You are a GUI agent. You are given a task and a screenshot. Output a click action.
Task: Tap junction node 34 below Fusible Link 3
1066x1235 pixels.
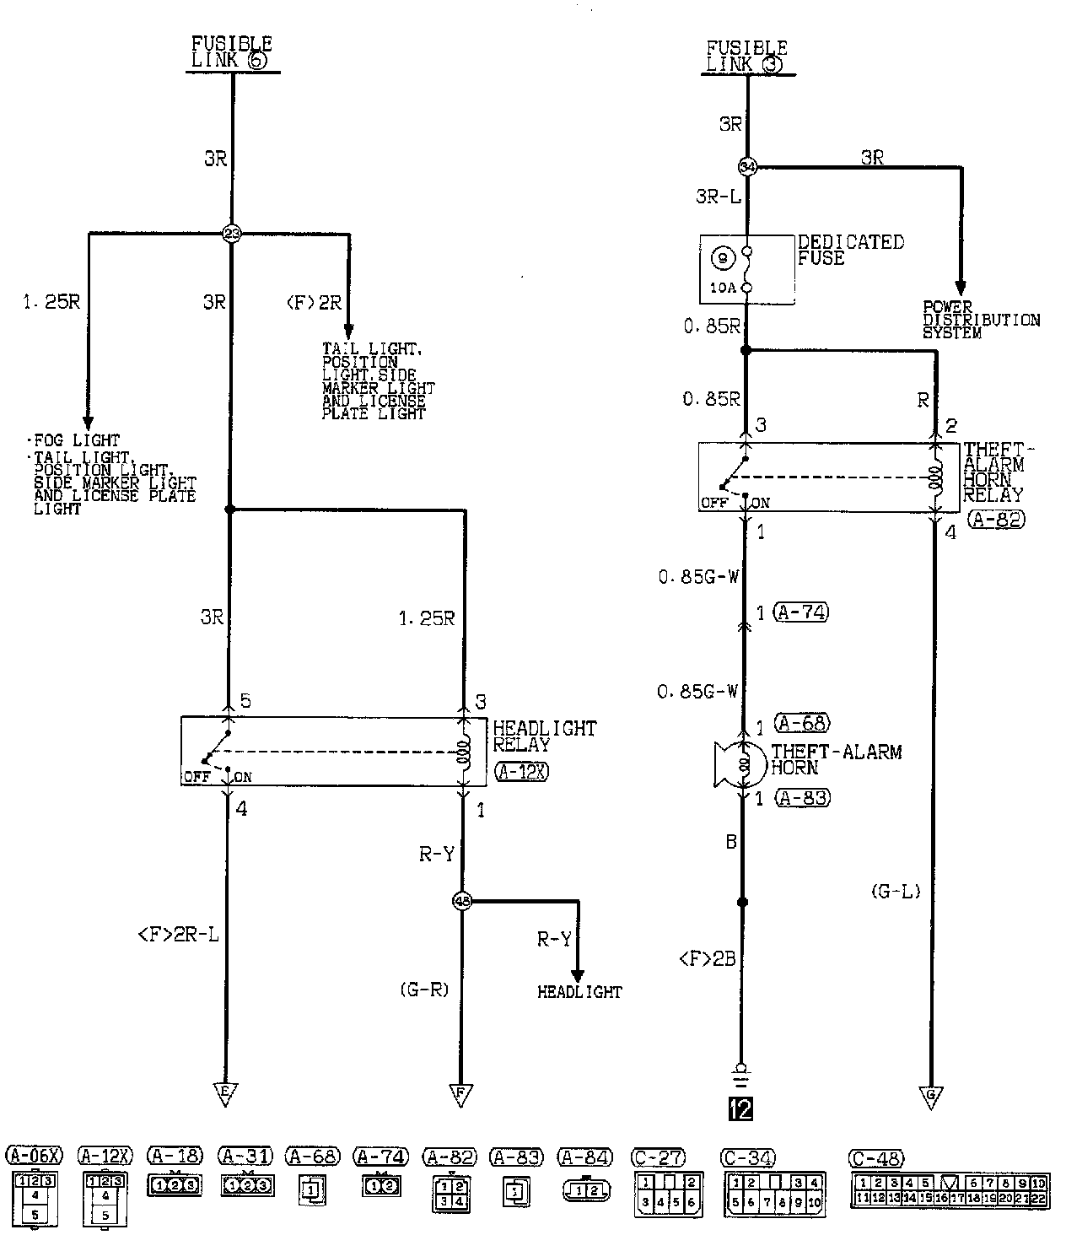point(746,166)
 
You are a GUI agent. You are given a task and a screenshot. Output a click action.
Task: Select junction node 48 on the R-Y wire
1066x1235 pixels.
point(462,901)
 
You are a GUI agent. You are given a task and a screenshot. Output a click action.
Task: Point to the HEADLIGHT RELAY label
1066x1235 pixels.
point(544,736)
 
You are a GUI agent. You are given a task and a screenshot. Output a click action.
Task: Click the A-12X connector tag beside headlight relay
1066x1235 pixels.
point(522,771)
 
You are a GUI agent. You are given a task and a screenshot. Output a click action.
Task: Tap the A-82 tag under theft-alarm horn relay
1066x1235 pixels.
point(996,520)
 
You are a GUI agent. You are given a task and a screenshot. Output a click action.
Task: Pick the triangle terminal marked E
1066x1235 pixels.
point(225,1094)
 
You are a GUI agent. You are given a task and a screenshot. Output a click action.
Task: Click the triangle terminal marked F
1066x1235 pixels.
point(460,1094)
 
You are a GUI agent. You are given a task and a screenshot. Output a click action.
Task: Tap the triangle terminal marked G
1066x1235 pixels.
point(931,1096)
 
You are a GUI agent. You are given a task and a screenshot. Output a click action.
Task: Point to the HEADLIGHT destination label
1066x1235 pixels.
point(579,992)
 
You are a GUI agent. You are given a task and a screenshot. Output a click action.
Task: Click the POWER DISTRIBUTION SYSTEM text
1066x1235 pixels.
point(981,321)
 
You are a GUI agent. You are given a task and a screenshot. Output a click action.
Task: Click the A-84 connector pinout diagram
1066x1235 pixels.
point(585,1190)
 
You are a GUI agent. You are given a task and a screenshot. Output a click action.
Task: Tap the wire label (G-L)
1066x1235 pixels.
point(895,891)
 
